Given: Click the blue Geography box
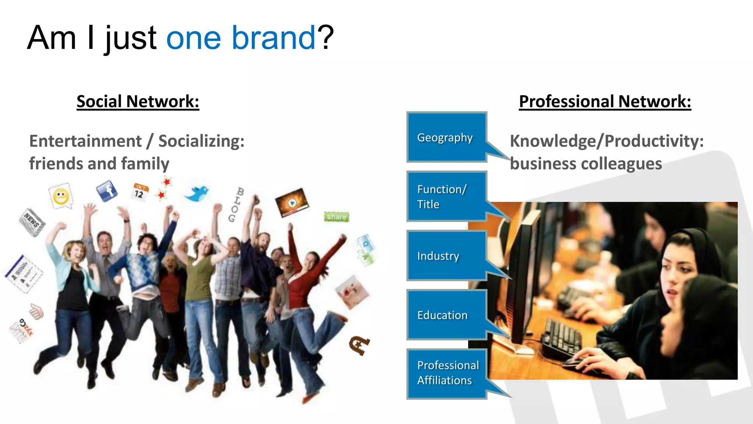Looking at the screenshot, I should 446,137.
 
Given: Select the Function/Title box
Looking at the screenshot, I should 446,196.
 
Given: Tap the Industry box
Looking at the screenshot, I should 446,256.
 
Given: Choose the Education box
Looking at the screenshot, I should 446,315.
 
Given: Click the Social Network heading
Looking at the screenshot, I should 138,101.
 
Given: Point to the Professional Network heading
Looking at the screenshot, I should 605,101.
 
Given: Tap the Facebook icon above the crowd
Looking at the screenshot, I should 107,191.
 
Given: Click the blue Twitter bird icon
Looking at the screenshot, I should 197,193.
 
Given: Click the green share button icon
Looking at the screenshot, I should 336,217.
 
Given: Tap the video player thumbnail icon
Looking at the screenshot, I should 292,202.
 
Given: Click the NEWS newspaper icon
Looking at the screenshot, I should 32,222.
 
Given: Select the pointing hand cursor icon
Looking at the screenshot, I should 36,311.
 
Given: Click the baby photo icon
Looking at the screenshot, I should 352,292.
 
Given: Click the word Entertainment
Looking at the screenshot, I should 85,141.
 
